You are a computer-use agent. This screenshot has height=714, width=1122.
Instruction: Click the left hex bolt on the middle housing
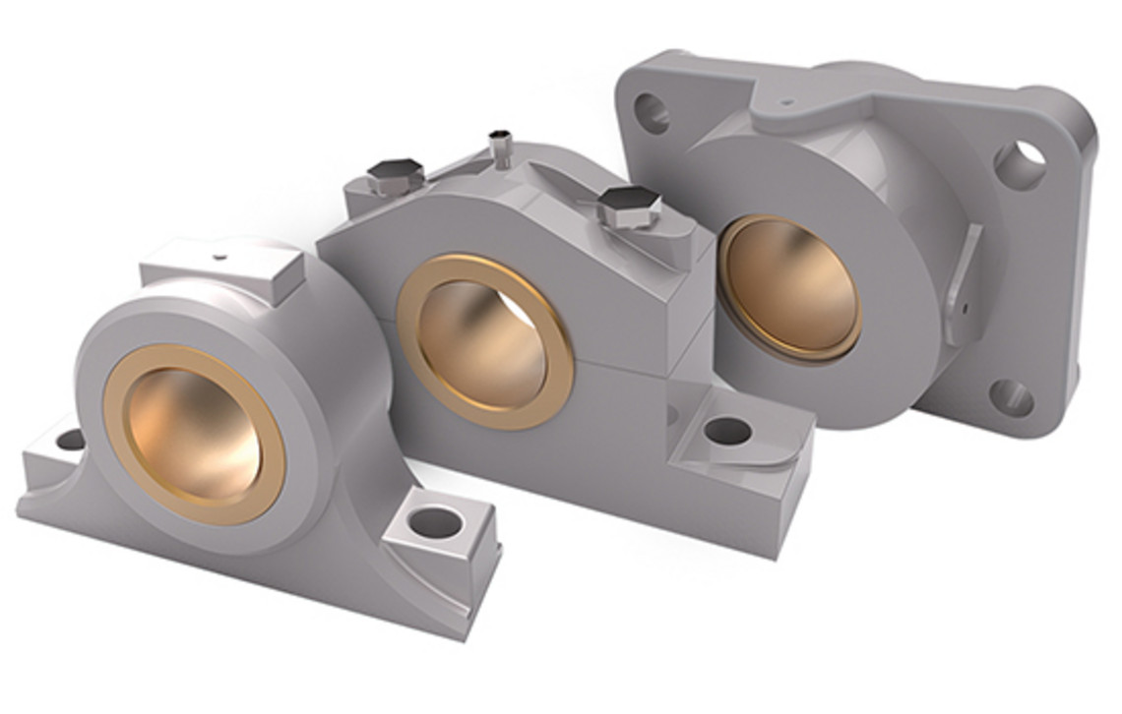(395, 175)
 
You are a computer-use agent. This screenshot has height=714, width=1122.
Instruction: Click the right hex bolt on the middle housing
(628, 207)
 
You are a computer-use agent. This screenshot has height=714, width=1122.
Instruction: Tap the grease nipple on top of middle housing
(500, 148)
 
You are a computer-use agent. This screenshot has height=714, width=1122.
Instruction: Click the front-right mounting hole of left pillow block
(435, 522)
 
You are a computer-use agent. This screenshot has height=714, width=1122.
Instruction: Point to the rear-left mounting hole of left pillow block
(70, 440)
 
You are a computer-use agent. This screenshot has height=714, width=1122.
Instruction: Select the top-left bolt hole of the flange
(651, 113)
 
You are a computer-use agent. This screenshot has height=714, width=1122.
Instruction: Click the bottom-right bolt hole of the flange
(1011, 397)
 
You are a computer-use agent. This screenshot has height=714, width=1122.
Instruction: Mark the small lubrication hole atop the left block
(218, 258)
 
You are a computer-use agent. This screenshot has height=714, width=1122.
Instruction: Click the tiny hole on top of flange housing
(784, 100)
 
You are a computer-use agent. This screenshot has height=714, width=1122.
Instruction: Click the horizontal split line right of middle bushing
(640, 369)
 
